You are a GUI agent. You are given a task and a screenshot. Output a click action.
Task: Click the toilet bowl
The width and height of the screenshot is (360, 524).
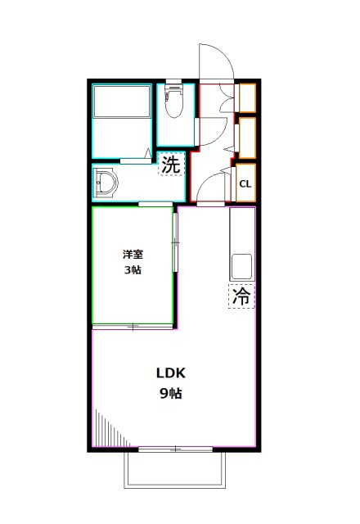tap(173, 105)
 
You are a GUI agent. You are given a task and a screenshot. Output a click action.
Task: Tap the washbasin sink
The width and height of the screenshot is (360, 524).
tap(107, 183)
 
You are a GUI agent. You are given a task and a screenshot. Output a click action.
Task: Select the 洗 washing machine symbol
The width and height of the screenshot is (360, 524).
tap(169, 164)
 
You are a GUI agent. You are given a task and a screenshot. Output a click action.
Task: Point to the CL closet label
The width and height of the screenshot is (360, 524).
tap(245, 183)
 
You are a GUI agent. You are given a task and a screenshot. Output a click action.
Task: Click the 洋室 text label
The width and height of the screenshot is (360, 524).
tap(133, 255)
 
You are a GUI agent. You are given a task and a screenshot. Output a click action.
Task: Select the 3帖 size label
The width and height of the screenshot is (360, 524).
tap(133, 270)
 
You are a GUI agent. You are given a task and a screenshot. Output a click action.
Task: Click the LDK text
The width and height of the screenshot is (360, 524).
tap(172, 373)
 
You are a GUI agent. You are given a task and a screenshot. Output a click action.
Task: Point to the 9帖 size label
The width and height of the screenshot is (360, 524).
tap(171, 393)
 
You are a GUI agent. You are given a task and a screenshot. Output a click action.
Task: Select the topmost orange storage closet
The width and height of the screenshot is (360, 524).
tap(246, 97)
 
